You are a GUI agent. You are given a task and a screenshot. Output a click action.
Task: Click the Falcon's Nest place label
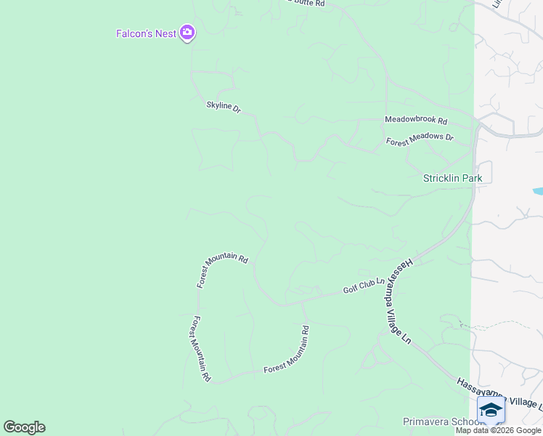point(146,33)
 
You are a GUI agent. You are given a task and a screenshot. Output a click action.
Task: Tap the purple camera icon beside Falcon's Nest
point(188,33)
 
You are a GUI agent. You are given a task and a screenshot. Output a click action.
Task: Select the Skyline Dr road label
point(223,107)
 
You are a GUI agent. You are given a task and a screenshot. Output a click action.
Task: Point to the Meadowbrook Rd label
point(415,121)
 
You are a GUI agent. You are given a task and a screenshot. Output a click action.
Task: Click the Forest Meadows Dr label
point(420,140)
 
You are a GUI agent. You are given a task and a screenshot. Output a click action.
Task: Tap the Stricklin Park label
point(452,178)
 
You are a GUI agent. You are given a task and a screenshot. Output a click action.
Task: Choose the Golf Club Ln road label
point(363,286)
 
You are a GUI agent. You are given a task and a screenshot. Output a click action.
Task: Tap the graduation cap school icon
point(491,411)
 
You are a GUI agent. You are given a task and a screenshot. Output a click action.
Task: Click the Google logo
point(24,427)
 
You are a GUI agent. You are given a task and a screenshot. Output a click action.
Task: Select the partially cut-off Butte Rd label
point(305,3)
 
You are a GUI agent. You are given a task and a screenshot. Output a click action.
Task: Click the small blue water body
point(538,191)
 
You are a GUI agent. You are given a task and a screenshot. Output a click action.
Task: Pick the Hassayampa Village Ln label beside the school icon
point(501,394)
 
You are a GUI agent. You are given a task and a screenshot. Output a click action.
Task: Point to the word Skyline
point(219,105)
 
